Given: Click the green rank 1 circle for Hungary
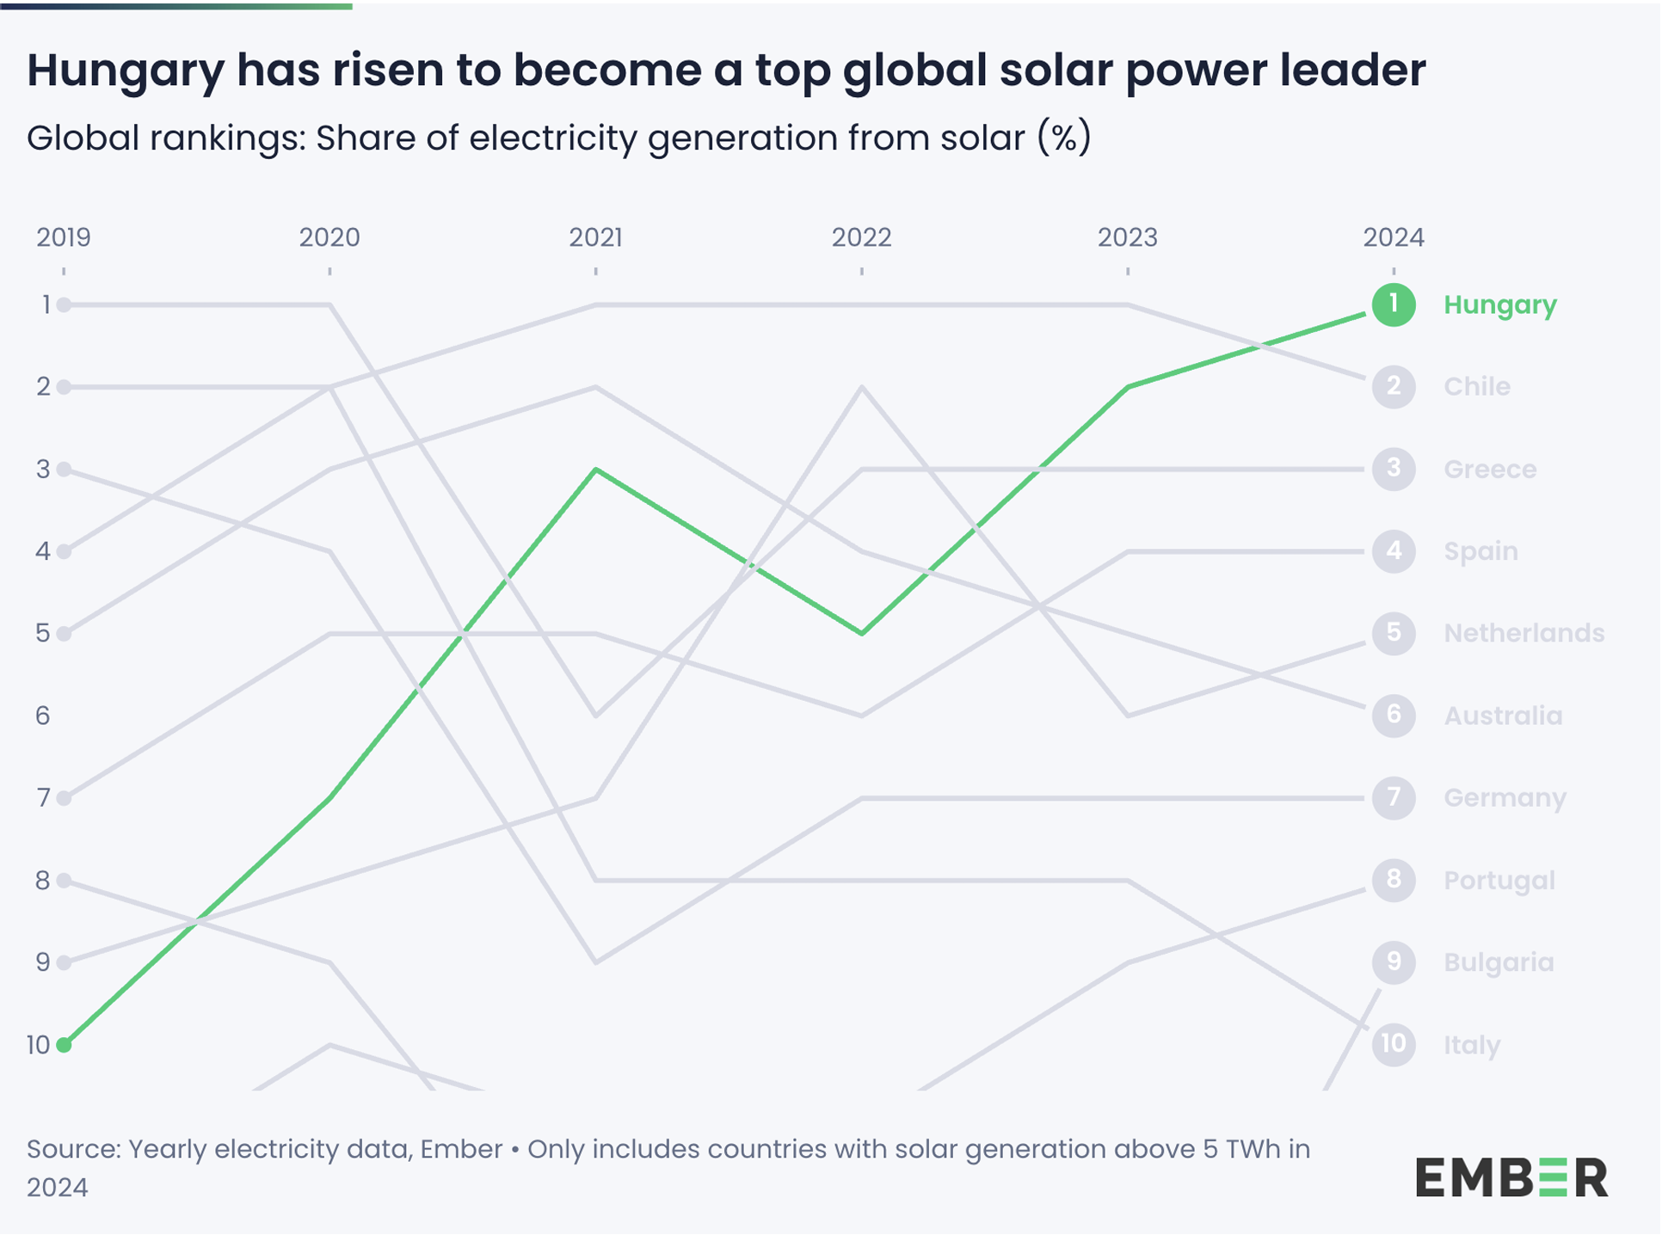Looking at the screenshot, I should click(1394, 304).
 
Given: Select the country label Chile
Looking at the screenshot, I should click(1476, 386).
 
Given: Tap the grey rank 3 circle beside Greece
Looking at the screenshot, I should click(1394, 469).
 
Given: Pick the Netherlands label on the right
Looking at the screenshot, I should click(1523, 633).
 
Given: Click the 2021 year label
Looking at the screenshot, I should click(595, 237).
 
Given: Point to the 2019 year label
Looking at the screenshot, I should click(64, 237).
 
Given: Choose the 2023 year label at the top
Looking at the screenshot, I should click(1127, 237).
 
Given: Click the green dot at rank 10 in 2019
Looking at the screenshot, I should click(64, 1045).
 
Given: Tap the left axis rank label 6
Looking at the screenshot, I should click(43, 716).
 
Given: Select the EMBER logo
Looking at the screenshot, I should click(1511, 1177).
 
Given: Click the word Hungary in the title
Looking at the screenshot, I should click(125, 71).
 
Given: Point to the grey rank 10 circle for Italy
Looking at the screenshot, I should click(1394, 1044).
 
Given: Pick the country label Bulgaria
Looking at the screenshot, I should click(1499, 962).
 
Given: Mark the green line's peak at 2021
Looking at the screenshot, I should click(595, 470).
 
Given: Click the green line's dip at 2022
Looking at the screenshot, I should click(862, 634).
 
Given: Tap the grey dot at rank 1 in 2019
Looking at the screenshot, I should click(64, 304).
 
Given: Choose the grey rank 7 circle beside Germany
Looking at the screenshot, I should click(1394, 798).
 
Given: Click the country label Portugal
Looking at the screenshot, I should click(1499, 881).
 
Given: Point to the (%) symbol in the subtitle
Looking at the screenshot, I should click(1064, 138).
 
